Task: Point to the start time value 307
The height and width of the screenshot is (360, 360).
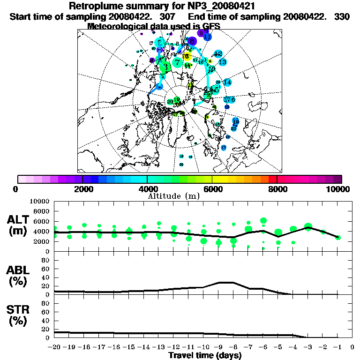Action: coord(167,16)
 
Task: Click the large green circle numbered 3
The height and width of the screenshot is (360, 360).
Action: coord(165,67)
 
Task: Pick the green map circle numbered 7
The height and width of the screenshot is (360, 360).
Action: coord(177,62)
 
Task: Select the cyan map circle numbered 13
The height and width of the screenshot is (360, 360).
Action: coord(223,62)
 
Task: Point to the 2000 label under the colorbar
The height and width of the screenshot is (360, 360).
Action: coord(83,189)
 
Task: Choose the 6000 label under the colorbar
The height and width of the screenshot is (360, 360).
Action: coord(212,189)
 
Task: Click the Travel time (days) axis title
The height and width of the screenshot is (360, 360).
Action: coord(205,355)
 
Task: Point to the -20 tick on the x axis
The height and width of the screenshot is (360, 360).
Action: coord(55,347)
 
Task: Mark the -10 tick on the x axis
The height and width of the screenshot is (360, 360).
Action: coord(203,347)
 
